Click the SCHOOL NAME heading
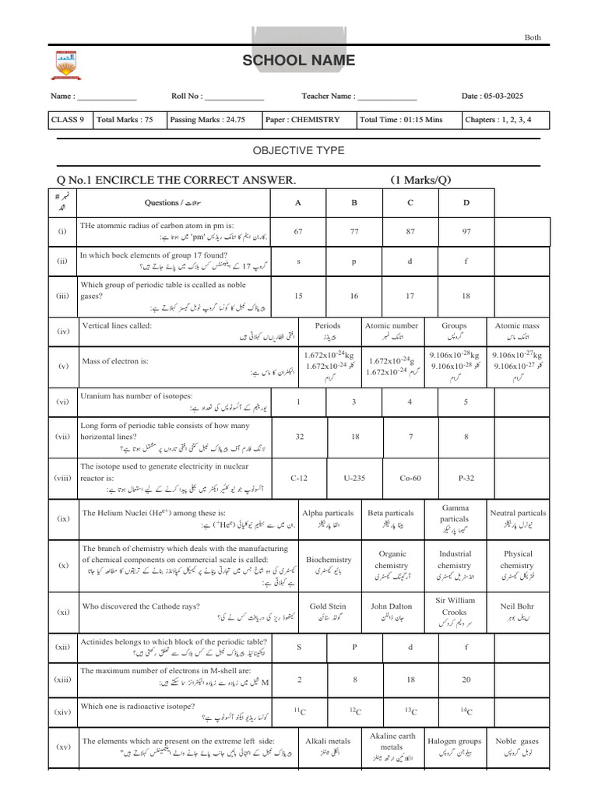pyautogui.click(x=298, y=61)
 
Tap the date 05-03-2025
pyautogui.click(x=505, y=96)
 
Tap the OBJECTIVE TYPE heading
pyautogui.click(x=298, y=150)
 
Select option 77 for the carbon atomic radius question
pyautogui.click(x=354, y=231)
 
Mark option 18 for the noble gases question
pyautogui.click(x=466, y=296)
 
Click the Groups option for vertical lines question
pyautogui.click(x=454, y=331)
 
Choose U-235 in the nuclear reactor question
pyautogui.click(x=354, y=479)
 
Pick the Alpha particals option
pyautogui.click(x=327, y=518)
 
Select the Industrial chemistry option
pyautogui.click(x=454, y=565)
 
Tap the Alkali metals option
pyautogui.click(x=327, y=746)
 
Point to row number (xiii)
pyautogui.click(x=63, y=679)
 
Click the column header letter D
pyautogui.click(x=466, y=202)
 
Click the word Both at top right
pyautogui.click(x=533, y=37)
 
